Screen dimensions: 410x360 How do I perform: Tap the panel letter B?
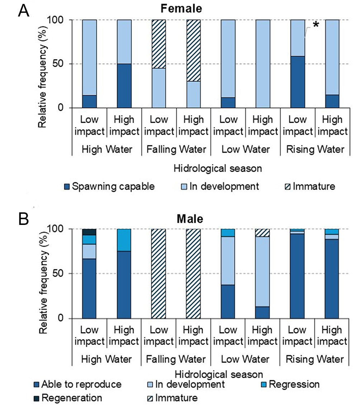coord(24,219)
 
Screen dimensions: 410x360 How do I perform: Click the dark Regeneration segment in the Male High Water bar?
coord(89,232)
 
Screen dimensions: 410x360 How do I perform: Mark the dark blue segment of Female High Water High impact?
coord(124,86)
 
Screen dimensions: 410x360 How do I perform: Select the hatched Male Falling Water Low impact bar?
coord(158,273)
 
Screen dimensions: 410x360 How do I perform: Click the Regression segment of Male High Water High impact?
coord(124,240)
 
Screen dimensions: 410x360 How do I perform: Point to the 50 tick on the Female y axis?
coord(63,64)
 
